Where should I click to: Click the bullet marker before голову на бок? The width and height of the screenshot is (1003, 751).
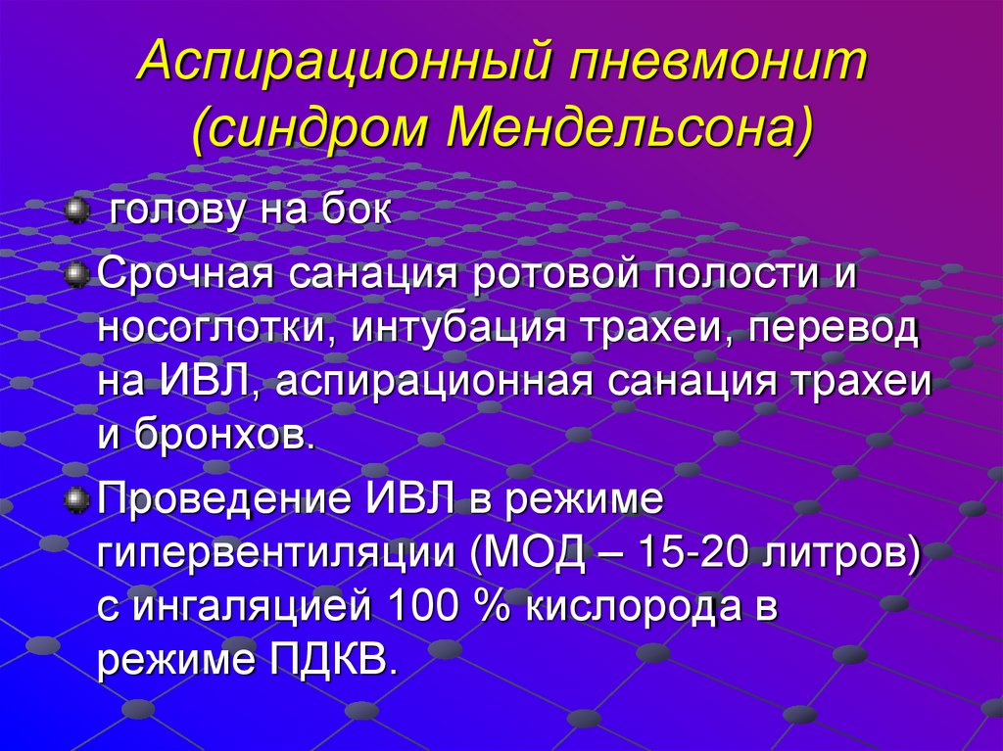coord(76,211)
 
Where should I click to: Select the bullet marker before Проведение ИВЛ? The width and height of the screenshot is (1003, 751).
coord(76,499)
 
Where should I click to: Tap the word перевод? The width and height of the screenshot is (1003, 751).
coord(834,329)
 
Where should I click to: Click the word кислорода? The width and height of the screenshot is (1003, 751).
coord(628,606)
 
